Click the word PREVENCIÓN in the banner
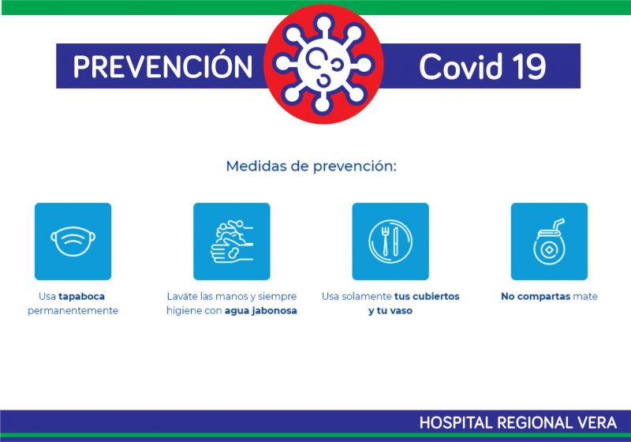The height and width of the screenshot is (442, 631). pyautogui.click(x=162, y=66)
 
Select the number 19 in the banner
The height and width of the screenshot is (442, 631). pyautogui.click(x=529, y=66)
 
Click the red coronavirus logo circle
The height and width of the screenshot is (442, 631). pyautogui.click(x=323, y=64)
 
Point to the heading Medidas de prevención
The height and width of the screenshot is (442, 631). pyautogui.click(x=311, y=166)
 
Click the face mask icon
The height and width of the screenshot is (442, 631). pyautogui.click(x=73, y=242)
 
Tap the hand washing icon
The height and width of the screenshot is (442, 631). pyautogui.click(x=232, y=242)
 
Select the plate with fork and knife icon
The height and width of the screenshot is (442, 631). pyautogui.click(x=390, y=242)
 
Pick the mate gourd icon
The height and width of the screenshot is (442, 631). pyautogui.click(x=549, y=242)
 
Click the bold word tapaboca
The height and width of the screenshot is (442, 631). pyautogui.click(x=82, y=297)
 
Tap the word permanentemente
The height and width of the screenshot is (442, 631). pyautogui.click(x=73, y=311)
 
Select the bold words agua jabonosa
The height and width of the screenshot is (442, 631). pyautogui.click(x=261, y=311)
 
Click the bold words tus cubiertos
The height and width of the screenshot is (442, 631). pyautogui.click(x=427, y=296)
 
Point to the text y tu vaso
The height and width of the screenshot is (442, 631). pyautogui.click(x=390, y=311)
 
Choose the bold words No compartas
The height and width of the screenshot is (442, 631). pyautogui.click(x=536, y=297)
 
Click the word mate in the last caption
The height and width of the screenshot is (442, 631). pyautogui.click(x=585, y=297)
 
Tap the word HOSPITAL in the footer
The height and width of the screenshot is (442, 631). pyautogui.click(x=456, y=423)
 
